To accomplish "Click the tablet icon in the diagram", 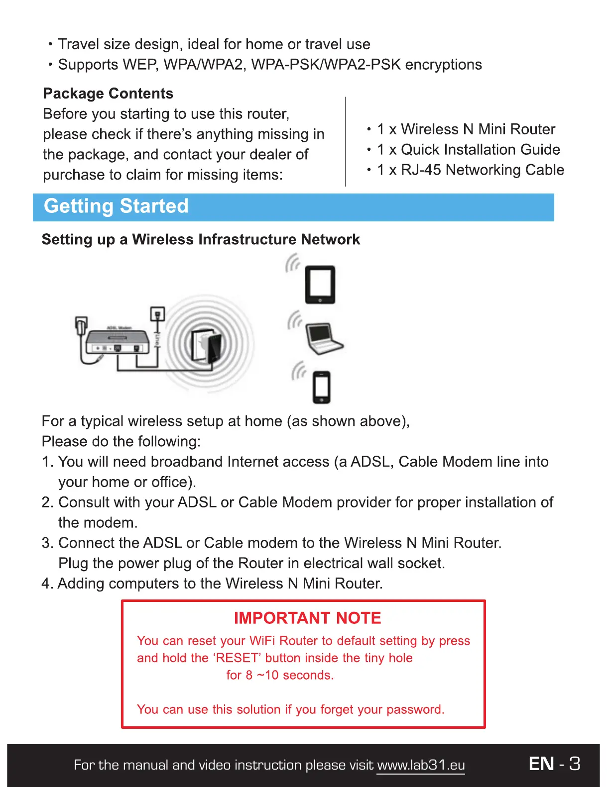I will click(x=320, y=285).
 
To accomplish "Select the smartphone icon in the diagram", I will click(x=322, y=387).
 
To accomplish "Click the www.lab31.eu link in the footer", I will click(x=421, y=765).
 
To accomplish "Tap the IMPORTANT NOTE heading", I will click(x=307, y=618).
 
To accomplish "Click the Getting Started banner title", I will click(x=116, y=206).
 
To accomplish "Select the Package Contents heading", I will click(x=108, y=94).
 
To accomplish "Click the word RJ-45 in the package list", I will click(x=421, y=170).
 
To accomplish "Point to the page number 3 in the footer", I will click(x=575, y=764).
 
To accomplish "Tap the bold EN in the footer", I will click(x=541, y=764).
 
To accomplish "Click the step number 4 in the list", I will click(x=46, y=584).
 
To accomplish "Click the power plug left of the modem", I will click(x=81, y=326).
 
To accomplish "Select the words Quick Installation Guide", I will click(x=480, y=150).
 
